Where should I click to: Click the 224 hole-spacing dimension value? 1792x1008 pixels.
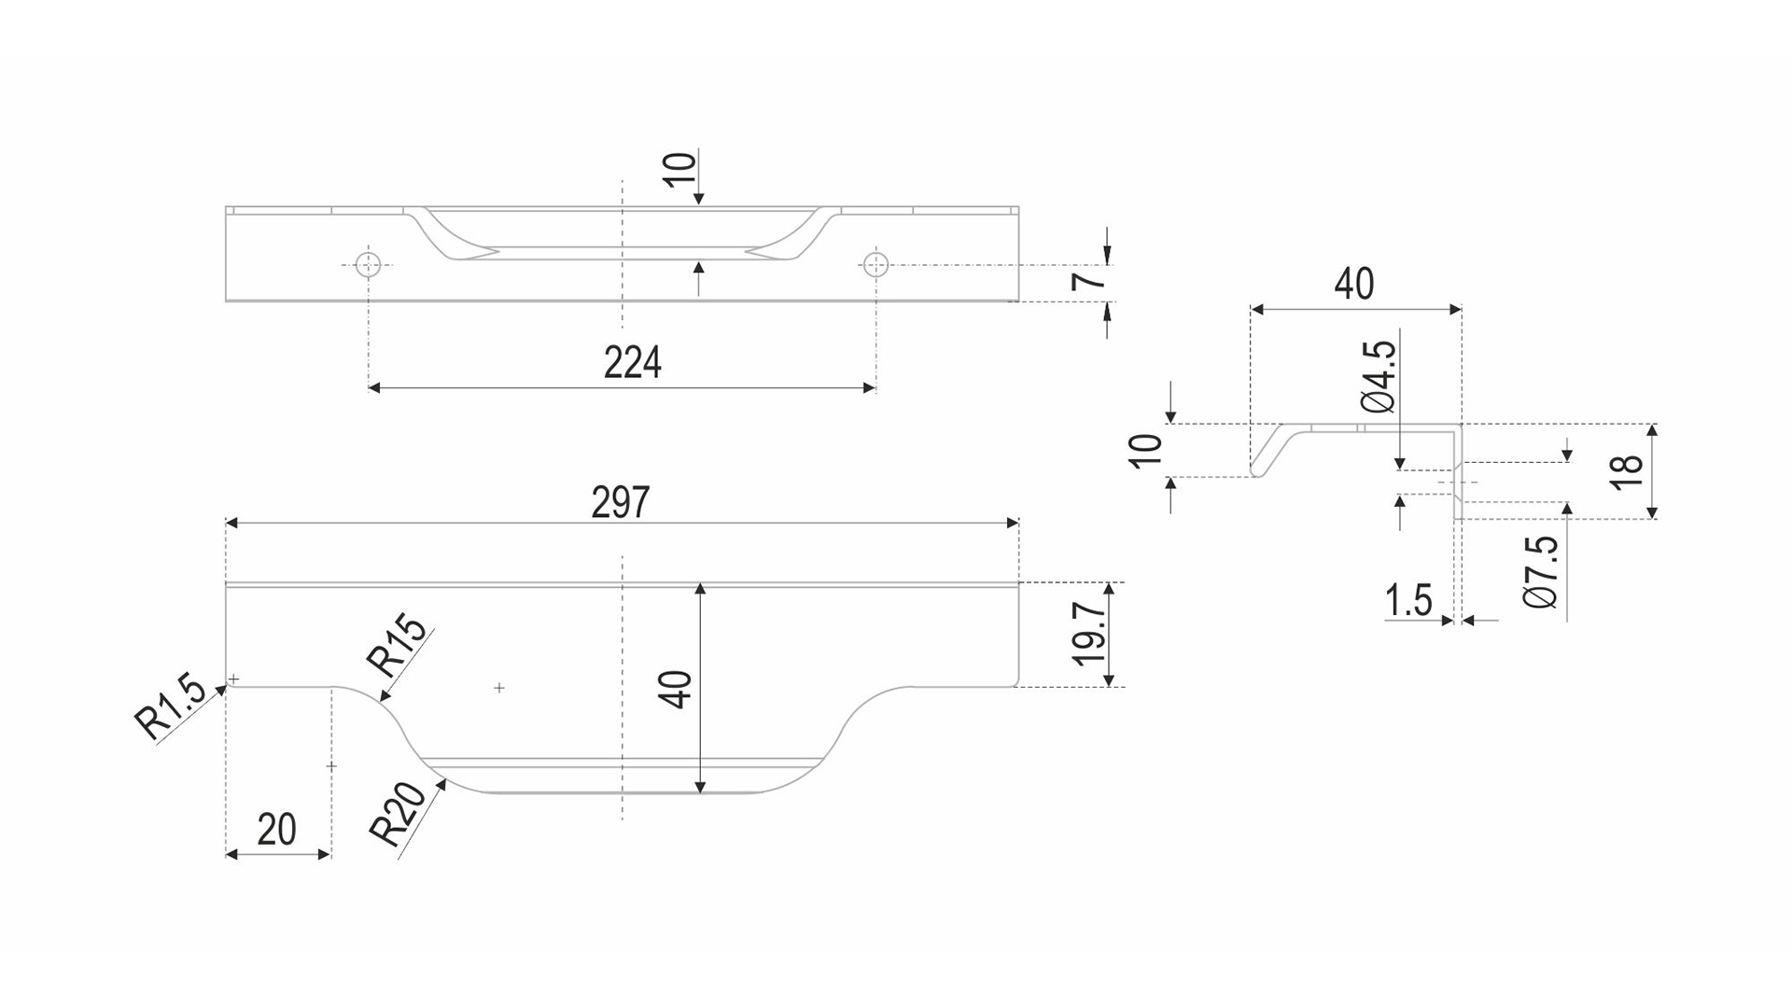(632, 362)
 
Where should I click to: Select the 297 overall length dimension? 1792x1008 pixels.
(620, 503)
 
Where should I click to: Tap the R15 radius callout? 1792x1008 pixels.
(399, 648)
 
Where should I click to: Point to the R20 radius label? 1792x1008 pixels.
(399, 813)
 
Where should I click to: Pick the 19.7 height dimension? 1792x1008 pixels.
(1088, 634)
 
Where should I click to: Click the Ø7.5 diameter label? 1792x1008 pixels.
(1541, 572)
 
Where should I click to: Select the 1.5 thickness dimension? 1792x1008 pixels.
(1408, 600)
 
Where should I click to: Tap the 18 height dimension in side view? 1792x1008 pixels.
(1626, 470)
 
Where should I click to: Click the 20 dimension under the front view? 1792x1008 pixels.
(276, 829)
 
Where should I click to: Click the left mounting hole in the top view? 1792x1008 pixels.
(370, 264)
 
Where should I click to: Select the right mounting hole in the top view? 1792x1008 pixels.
(875, 264)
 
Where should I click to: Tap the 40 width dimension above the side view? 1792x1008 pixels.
(1354, 283)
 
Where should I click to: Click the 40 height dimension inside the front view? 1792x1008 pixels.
(679, 689)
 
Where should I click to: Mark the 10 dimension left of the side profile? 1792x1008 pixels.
(1147, 451)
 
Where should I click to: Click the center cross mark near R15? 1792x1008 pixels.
(499, 688)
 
